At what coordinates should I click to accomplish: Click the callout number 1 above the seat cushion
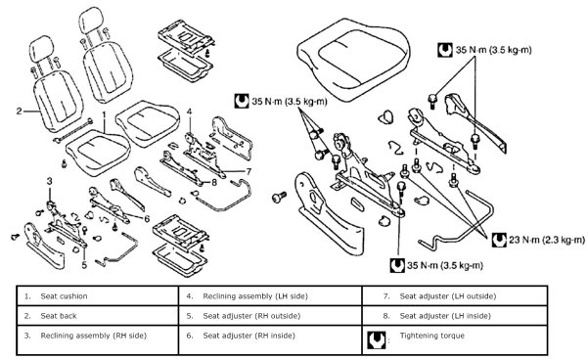(105, 114)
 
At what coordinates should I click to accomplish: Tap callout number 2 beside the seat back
(20, 111)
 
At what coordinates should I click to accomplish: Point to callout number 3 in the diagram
(50, 182)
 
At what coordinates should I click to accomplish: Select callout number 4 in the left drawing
(190, 112)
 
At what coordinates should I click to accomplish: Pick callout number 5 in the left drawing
(84, 265)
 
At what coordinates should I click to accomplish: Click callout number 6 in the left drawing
(147, 218)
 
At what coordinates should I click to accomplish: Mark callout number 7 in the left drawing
(249, 172)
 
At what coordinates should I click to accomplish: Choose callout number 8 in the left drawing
(214, 183)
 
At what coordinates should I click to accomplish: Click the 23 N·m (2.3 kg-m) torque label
(546, 240)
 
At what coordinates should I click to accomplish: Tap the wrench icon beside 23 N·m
(499, 240)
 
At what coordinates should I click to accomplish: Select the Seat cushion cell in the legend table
(65, 296)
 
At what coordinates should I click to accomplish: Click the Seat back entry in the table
(59, 316)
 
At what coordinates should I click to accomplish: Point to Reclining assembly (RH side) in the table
(93, 336)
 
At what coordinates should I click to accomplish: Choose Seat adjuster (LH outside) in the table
(448, 296)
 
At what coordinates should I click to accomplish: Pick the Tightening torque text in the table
(432, 336)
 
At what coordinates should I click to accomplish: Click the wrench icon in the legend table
(376, 339)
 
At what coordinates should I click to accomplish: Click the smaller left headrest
(41, 47)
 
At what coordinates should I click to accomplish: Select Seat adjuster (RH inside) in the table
(249, 336)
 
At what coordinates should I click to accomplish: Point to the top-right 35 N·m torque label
(493, 50)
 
